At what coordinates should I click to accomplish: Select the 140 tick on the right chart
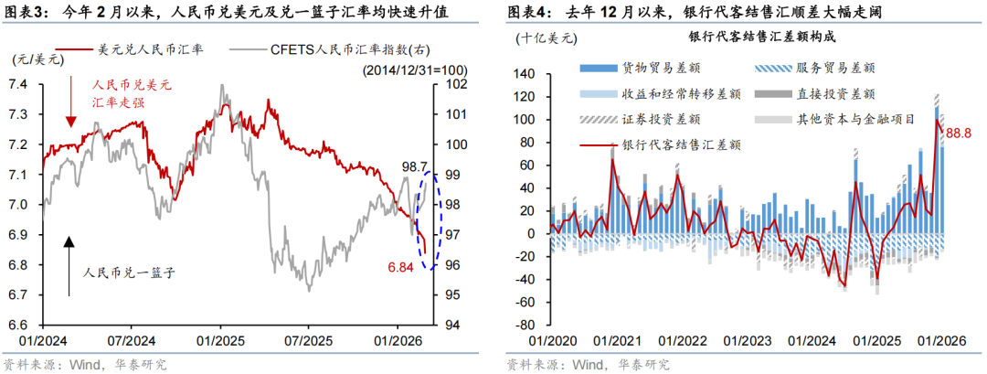523,74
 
